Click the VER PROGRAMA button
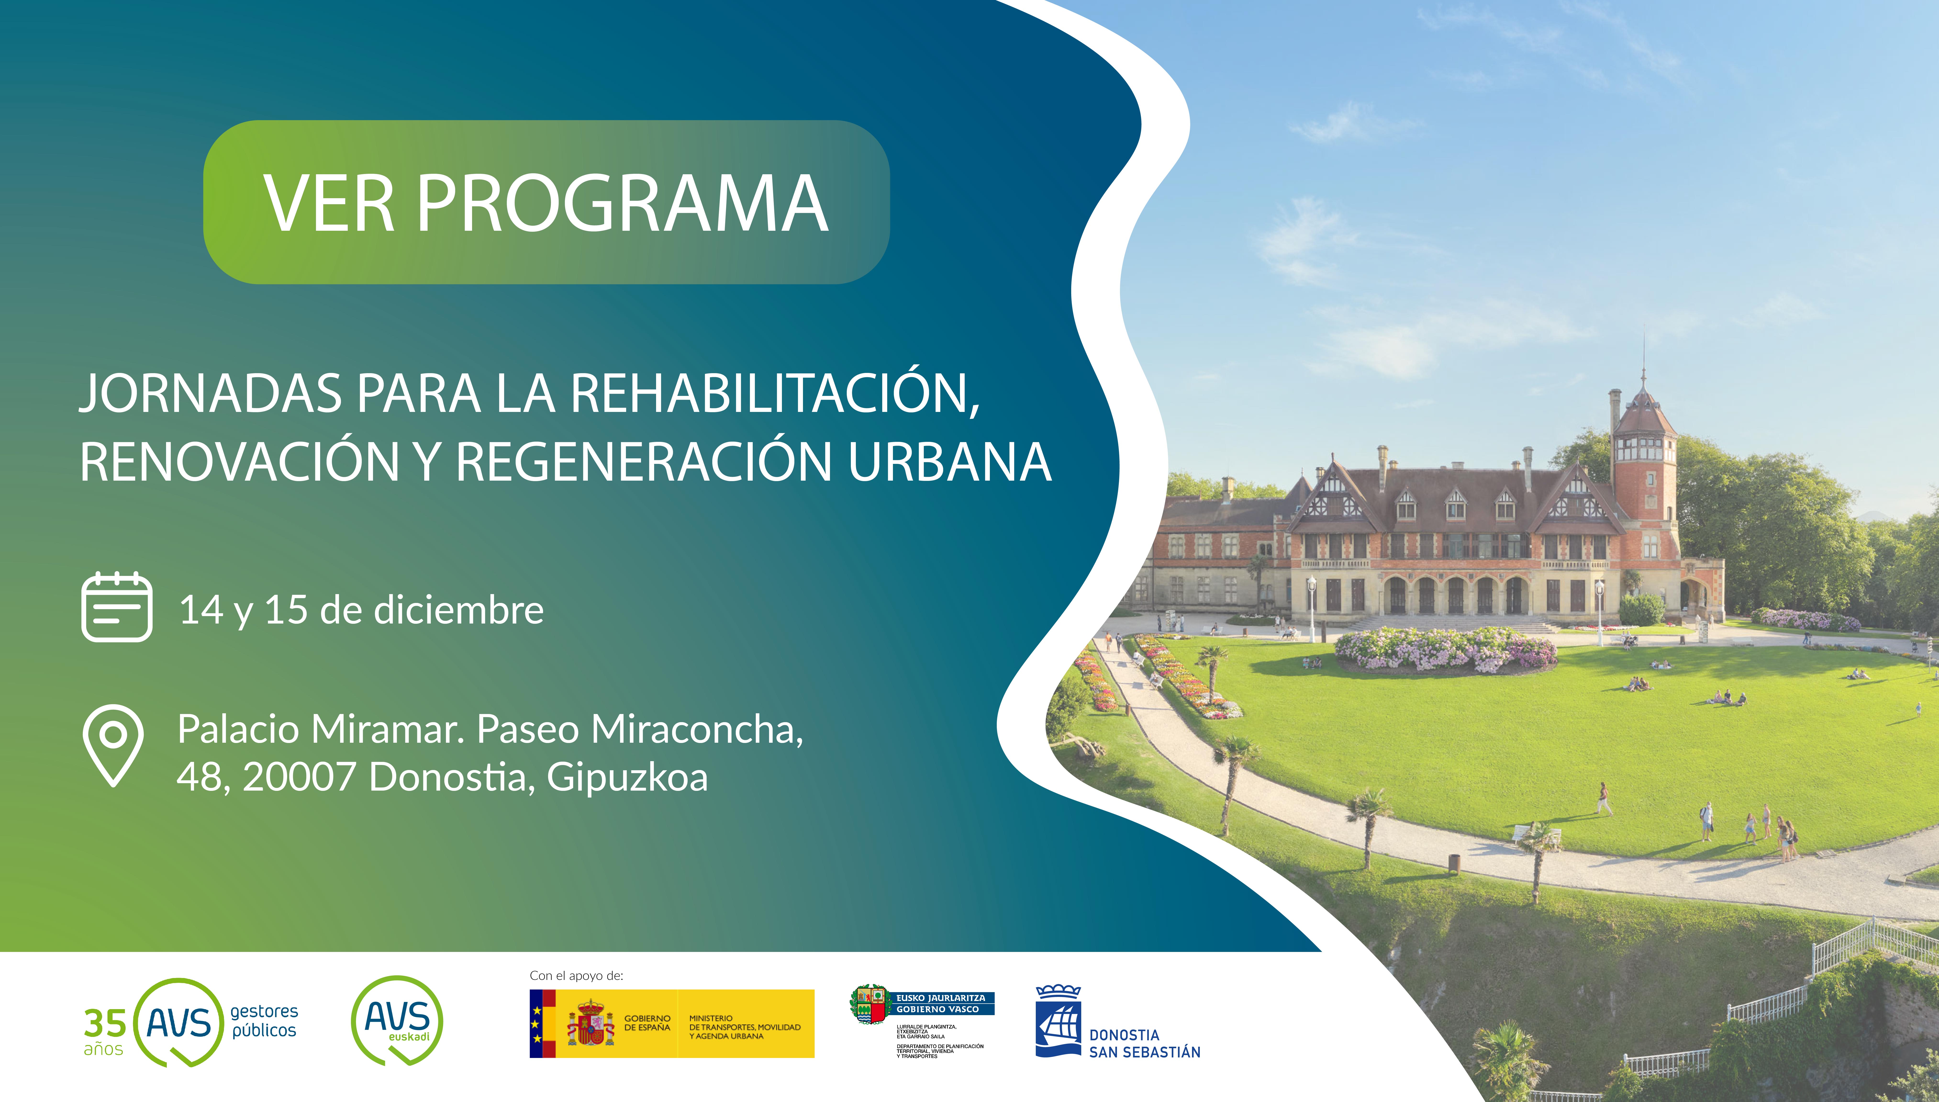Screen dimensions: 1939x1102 coord(546,202)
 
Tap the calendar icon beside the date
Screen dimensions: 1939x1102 coord(117,607)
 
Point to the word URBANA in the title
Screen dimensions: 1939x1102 coord(949,462)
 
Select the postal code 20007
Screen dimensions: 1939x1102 coord(299,777)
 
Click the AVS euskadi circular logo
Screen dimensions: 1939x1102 coord(397,1020)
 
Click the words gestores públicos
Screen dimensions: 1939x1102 coord(264,1021)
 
